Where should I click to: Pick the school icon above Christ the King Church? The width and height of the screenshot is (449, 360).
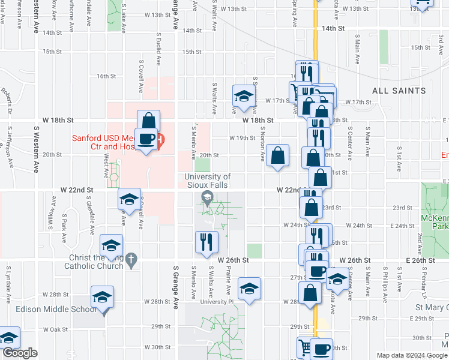point(111,245)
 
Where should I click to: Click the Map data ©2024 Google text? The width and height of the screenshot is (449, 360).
point(412,355)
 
